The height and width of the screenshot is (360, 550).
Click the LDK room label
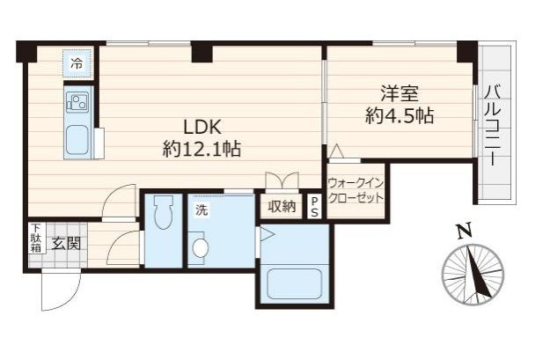tap(202, 127)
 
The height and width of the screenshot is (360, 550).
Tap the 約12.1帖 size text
tap(202, 150)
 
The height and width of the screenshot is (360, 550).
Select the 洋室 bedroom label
tap(400, 93)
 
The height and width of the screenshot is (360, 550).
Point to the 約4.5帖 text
tap(400, 115)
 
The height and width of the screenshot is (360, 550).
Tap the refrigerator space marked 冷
tap(77, 63)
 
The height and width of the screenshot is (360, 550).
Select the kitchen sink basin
tap(77, 140)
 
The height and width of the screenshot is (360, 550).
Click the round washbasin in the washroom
tap(201, 248)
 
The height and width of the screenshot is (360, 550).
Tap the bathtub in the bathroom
tap(295, 284)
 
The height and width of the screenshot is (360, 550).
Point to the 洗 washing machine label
tap(201, 210)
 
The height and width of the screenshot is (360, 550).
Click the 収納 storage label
tap(282, 207)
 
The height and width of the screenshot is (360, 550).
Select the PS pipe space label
tap(315, 208)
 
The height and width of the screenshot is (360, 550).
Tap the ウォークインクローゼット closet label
tap(356, 190)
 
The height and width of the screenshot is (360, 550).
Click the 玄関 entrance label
tap(66, 243)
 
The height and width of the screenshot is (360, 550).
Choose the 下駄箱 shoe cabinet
tap(37, 239)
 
